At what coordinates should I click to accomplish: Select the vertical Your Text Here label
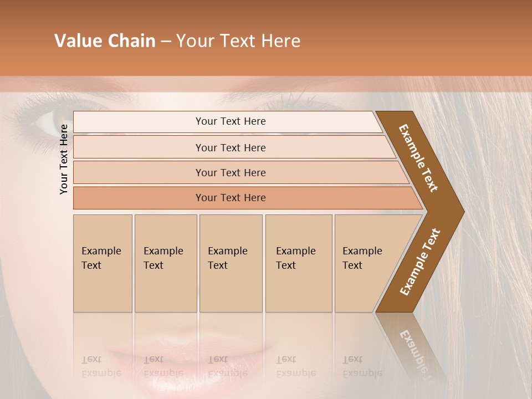[64, 159]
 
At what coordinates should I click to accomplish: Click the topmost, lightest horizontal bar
[231, 121]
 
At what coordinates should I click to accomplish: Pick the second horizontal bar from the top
[231, 147]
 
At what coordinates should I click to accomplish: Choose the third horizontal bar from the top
[231, 172]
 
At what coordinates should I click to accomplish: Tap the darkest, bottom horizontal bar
[231, 198]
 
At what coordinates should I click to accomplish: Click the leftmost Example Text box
[103, 263]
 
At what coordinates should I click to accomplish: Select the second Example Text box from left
[165, 263]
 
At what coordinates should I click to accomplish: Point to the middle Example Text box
[231, 263]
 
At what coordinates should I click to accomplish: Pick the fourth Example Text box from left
[298, 263]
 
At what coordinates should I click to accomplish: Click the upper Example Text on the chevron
[418, 158]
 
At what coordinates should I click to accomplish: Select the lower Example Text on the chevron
[420, 262]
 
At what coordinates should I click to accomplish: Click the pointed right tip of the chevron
[461, 212]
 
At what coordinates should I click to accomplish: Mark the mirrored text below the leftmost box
[101, 366]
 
